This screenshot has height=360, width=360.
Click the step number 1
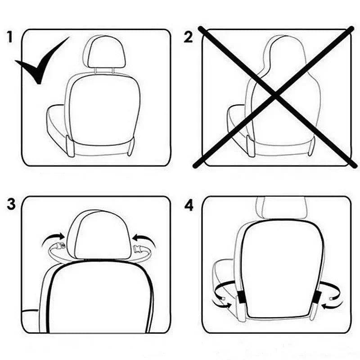pos(10,36)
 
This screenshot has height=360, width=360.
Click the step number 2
pos(188,37)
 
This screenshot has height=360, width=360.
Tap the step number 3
pos(11,204)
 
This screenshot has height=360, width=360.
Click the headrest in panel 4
pos(281,207)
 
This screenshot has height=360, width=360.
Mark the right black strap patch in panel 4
pos(317,297)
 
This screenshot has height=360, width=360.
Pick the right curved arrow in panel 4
pos(335,302)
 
